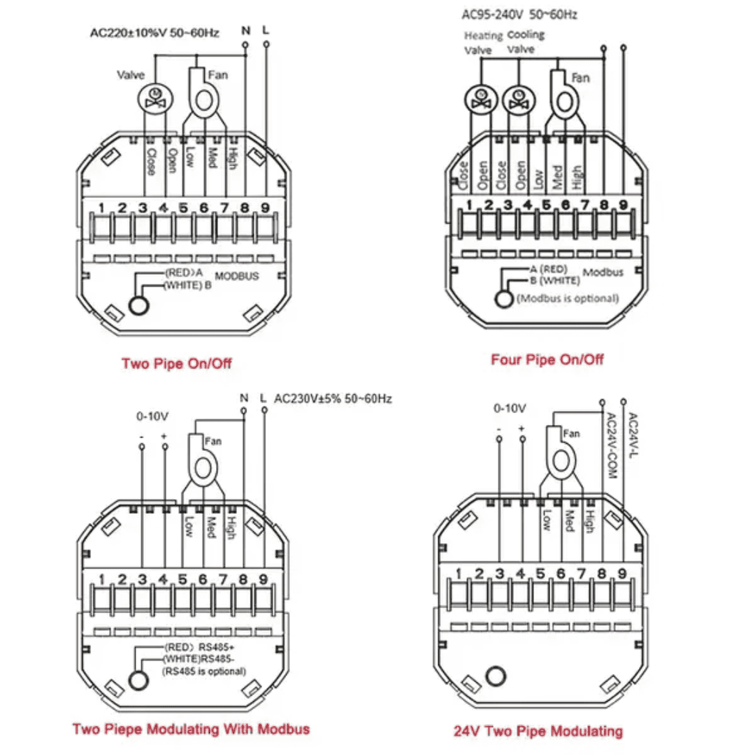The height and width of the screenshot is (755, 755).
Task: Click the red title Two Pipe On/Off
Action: click(176, 363)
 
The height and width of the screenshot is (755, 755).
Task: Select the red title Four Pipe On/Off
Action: click(547, 360)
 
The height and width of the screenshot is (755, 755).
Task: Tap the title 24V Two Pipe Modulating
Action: click(538, 731)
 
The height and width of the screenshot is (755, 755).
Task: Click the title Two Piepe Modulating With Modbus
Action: click(191, 729)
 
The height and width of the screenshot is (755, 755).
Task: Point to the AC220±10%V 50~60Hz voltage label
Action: click(154, 33)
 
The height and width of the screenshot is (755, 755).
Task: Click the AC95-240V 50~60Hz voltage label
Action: click(519, 15)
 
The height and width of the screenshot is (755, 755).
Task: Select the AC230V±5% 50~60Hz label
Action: click(333, 398)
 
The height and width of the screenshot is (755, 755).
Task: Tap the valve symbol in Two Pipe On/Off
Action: click(155, 99)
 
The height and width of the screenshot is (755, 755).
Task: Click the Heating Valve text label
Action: click(482, 43)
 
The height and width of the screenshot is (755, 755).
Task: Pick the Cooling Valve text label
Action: click(526, 42)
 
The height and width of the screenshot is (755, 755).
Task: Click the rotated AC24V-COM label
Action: click(611, 446)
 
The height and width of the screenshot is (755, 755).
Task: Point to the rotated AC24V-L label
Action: click(633, 435)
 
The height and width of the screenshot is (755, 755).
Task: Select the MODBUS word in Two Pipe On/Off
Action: click(236, 276)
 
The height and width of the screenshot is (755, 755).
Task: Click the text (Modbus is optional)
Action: click(567, 298)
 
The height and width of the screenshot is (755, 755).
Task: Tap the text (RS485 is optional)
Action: click(204, 671)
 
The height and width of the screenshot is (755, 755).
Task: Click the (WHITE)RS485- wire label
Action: click(199, 659)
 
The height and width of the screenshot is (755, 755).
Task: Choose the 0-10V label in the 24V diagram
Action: click(509, 408)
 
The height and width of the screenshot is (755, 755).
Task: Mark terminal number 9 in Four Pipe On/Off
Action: click(623, 205)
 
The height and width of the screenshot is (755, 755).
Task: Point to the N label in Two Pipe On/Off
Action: click(245, 31)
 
